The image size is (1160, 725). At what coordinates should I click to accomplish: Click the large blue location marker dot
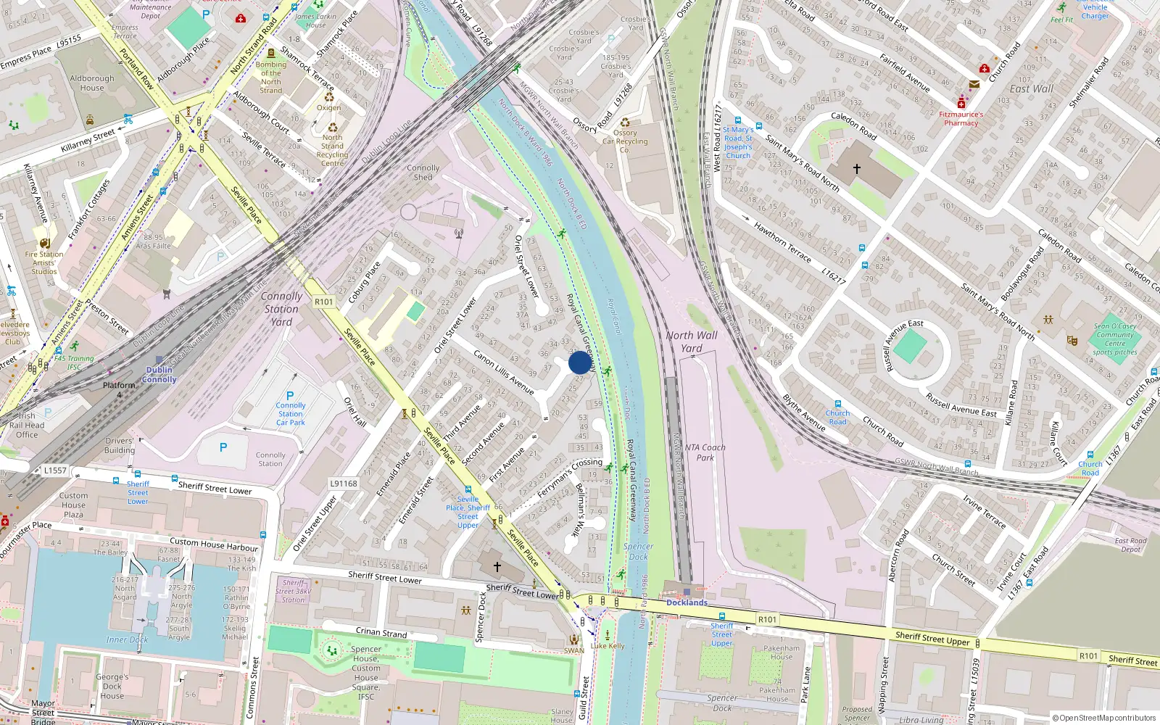580,362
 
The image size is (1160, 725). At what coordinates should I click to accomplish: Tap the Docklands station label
687,602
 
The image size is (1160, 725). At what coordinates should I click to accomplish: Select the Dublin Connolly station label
159,374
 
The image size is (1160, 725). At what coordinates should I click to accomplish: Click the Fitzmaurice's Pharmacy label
961,119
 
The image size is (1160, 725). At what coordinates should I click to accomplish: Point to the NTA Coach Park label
705,452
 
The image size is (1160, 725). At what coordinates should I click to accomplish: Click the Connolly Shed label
423,173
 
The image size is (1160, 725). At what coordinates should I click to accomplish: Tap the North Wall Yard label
692,341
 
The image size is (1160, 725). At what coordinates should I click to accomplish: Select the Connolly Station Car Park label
291,414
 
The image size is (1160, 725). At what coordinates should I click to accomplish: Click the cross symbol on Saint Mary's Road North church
856,169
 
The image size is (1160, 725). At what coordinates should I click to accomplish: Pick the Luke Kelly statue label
608,645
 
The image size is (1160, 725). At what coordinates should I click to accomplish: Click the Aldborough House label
92,83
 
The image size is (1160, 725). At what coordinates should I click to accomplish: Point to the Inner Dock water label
127,639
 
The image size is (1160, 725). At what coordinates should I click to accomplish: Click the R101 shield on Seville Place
324,302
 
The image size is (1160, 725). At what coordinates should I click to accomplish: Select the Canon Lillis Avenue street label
504,372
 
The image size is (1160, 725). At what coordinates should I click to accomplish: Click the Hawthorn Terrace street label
782,242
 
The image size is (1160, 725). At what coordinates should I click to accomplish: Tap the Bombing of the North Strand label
271,77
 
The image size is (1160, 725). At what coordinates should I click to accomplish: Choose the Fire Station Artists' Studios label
44,262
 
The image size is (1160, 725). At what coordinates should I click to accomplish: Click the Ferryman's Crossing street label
570,478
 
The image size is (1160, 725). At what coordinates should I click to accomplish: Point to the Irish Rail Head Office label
27,426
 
